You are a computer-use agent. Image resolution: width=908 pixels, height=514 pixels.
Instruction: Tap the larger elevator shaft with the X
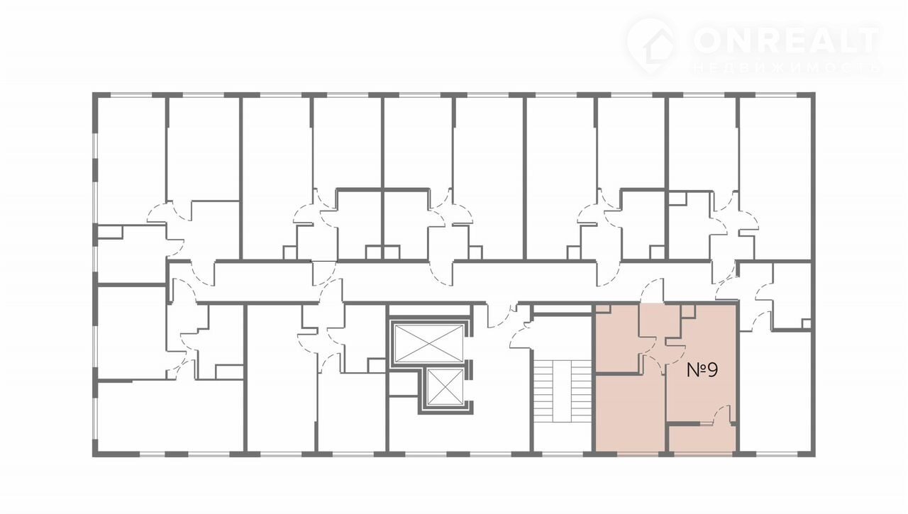[428, 343]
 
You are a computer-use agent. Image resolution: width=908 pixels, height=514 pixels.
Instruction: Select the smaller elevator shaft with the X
[445, 387]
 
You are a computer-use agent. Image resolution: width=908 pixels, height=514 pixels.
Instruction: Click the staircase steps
[563, 391]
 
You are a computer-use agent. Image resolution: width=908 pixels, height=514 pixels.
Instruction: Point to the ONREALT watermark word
[786, 40]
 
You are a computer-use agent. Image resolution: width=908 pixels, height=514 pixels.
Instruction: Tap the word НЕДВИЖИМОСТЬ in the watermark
[786, 68]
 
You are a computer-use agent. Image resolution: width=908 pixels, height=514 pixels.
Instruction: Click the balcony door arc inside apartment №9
[721, 414]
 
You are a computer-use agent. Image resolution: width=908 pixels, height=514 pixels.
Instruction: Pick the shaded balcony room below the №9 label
[702, 438]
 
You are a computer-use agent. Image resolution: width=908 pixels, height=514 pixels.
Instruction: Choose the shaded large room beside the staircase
[630, 413]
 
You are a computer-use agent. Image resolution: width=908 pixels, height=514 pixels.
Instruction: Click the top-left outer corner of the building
[92, 92]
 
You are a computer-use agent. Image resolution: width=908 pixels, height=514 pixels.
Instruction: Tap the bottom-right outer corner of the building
[815, 457]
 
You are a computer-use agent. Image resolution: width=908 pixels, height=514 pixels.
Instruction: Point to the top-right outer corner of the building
[815, 92]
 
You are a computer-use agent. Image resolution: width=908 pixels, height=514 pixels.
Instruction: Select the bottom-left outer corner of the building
[92, 457]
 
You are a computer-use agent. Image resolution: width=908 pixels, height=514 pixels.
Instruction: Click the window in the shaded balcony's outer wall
[704, 454]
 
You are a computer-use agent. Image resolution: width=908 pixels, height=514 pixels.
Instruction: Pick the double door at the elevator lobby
[503, 315]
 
